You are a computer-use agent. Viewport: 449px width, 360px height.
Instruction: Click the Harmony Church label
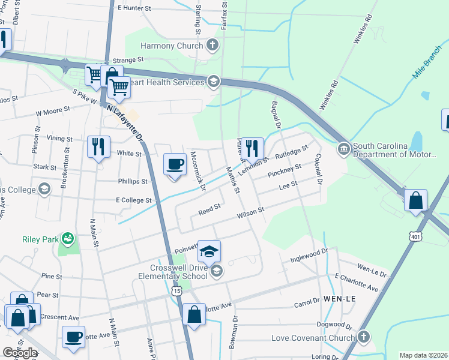pyautogui.click(x=172, y=46)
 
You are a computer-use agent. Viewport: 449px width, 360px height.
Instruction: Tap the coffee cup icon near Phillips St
pyautogui.click(x=175, y=164)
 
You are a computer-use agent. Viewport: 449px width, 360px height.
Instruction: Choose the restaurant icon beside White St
pyautogui.click(x=98, y=147)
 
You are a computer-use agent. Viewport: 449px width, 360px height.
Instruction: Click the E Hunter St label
pyautogui.click(x=139, y=8)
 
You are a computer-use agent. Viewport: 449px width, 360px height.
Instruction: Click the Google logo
pyautogui.click(x=20, y=352)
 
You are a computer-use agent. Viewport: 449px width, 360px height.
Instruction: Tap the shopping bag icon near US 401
pyautogui.click(x=415, y=201)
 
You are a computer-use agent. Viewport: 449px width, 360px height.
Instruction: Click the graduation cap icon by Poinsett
pyautogui.click(x=209, y=251)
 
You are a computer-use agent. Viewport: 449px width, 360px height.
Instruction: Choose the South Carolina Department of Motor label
pyautogui.click(x=394, y=150)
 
